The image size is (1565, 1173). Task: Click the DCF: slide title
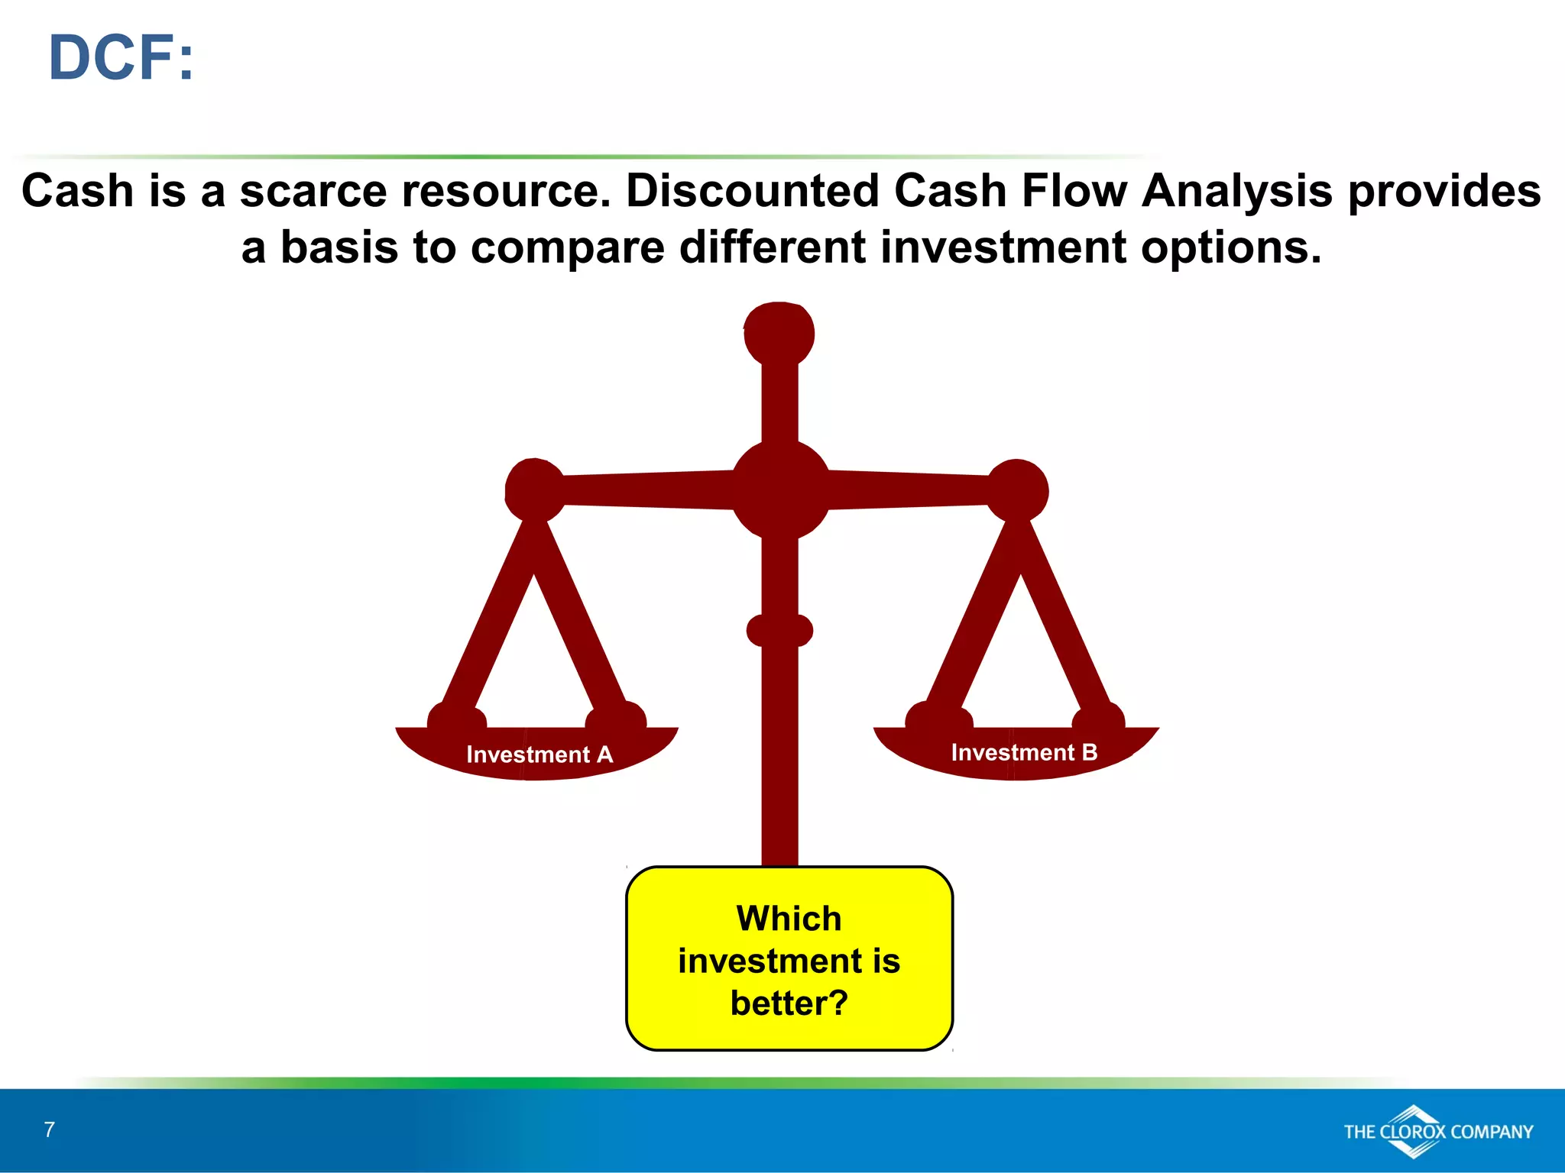point(121,58)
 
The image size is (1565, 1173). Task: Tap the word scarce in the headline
point(314,190)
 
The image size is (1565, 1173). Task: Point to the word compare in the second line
point(567,247)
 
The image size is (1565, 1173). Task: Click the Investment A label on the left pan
point(539,755)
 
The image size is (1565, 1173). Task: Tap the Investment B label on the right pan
point(1024,752)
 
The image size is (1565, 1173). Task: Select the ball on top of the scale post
point(779,333)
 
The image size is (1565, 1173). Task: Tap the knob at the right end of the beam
point(1017,490)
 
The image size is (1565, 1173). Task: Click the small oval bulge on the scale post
point(779,631)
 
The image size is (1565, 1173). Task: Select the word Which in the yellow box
point(789,918)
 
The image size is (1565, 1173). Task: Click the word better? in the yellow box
point(789,1003)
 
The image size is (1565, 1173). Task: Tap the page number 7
point(50,1129)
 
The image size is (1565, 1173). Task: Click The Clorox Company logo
point(1437,1132)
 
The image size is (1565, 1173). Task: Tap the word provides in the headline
point(1444,190)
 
